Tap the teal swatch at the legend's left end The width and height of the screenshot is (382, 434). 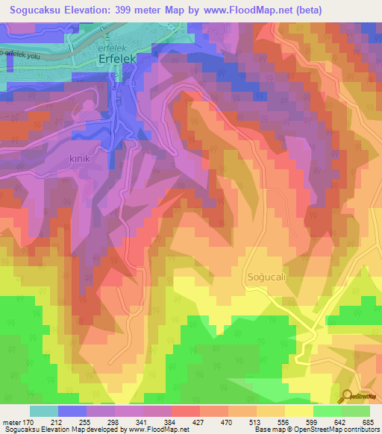pos(44,411)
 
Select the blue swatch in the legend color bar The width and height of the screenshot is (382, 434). pos(72,411)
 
